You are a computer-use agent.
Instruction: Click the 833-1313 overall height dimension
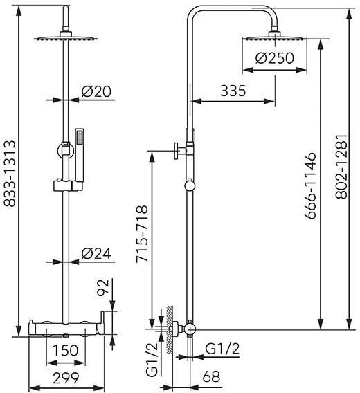click(10, 174)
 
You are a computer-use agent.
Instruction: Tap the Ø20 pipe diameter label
click(96, 91)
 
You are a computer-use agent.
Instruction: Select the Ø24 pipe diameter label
click(96, 254)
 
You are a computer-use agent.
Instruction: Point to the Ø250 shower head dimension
click(274, 58)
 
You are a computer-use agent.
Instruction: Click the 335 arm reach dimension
click(233, 91)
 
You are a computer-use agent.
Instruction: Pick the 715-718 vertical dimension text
click(142, 234)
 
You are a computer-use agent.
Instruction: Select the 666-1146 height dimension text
click(310, 185)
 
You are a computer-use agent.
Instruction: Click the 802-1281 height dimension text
click(342, 167)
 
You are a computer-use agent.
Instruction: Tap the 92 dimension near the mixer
click(103, 287)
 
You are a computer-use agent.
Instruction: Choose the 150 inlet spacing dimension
click(66, 350)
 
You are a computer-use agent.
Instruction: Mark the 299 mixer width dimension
click(66, 378)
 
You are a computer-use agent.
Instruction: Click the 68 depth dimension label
click(211, 376)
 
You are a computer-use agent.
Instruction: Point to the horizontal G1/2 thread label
click(222, 349)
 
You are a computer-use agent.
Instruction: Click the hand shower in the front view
click(80, 155)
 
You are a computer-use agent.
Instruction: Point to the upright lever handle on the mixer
click(102, 323)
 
